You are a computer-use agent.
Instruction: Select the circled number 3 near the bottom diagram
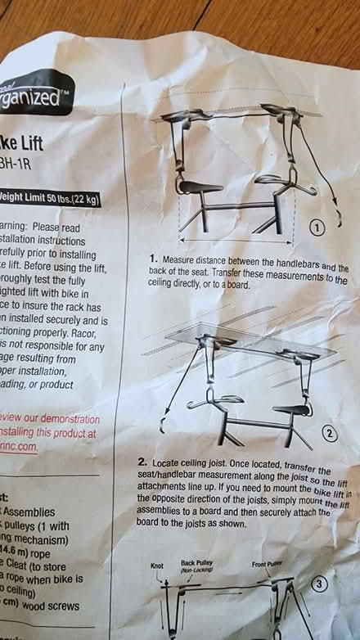pos(320,584)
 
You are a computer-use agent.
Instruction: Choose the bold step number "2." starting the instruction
pos(142,462)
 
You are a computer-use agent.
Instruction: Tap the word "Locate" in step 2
pos(169,464)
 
